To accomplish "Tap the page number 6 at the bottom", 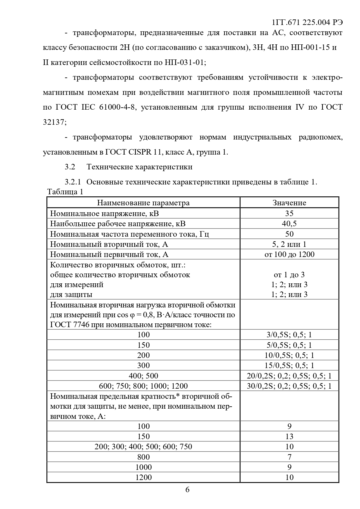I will click(187, 490).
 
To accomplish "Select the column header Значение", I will click(289, 203).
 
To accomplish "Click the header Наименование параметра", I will click(143, 203).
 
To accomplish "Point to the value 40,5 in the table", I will click(289, 224).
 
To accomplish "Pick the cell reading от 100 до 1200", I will click(289, 254).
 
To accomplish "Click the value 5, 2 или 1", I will click(289, 244).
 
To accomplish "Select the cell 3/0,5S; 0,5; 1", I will click(289, 335).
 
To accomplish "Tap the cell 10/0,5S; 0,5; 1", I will click(289, 355).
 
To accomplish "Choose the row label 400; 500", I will click(143, 376).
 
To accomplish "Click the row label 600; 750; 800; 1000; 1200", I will click(143, 386).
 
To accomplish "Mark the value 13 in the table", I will click(289, 436).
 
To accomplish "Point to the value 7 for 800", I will click(289, 457).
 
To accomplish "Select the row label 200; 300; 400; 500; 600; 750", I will click(143, 447).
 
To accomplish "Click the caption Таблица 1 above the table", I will click(65, 192).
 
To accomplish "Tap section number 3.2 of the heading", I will click(70, 167).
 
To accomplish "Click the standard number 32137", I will click(54, 122).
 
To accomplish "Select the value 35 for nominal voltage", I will click(289, 213).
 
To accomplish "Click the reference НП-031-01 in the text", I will click(184, 62).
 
